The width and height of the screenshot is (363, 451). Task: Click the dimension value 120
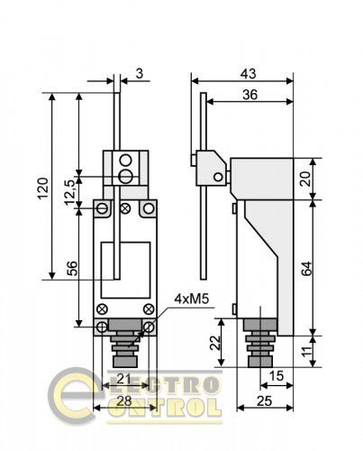coord(42,189)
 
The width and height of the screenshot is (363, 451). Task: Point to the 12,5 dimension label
coord(71,193)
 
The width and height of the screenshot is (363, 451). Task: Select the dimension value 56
coord(72,269)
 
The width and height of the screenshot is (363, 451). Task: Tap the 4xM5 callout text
coord(192,299)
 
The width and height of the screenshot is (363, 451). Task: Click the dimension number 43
coord(249,74)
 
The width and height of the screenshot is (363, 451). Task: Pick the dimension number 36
coord(250,95)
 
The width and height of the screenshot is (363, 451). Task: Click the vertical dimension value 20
coord(305,179)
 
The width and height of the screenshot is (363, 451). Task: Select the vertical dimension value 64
coord(306,269)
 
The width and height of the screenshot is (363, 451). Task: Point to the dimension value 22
coord(215,343)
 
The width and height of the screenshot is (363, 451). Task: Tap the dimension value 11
coord(306,352)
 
